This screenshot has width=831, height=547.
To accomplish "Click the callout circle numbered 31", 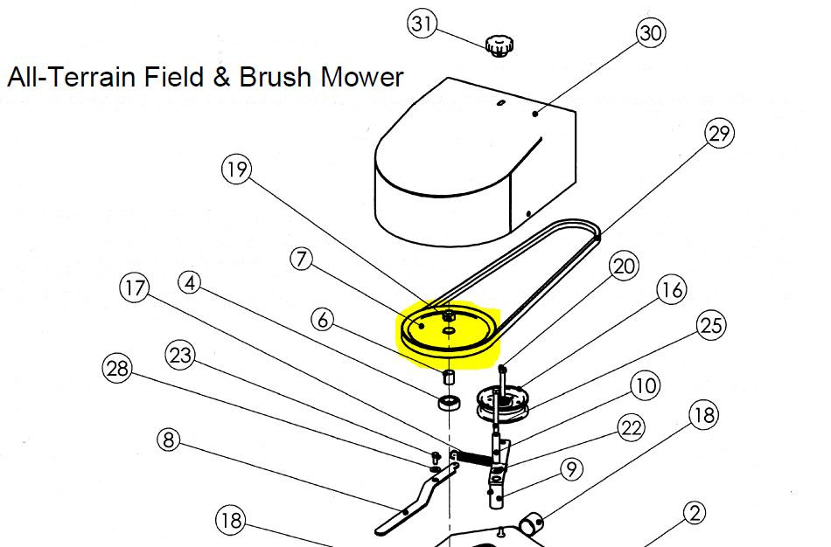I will coord(422,24).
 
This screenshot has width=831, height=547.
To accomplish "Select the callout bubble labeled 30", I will coord(650,33).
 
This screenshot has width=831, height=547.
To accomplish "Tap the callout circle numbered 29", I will coord(718,134).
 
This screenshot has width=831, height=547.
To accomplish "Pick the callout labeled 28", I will coord(117,368).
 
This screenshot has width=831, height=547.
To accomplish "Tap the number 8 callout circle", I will coord(170,439).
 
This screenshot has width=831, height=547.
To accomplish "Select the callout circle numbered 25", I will coord(711,326).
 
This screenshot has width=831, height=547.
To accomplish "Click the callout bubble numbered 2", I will coord(693,514).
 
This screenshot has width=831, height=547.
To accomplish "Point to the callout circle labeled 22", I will coord(631,428).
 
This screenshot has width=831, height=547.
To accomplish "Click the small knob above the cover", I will coord(499,45).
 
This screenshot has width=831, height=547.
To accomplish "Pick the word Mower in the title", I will coord(362,78).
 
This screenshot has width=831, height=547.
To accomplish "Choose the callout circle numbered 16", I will coord(672,289).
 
